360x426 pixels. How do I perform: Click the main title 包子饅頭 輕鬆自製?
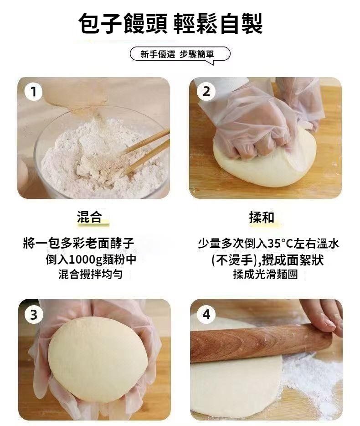(170, 24)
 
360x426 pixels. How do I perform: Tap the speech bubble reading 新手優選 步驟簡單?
(180, 55)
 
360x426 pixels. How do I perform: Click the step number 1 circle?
(33, 92)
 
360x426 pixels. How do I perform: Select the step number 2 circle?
(206, 92)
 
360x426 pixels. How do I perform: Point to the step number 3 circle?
(33, 315)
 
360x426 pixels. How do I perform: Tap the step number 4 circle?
(206, 314)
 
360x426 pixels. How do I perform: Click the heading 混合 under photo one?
(90, 217)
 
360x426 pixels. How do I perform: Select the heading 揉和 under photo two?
(262, 217)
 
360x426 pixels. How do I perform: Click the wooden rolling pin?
(261, 343)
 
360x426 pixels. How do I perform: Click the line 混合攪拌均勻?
(90, 275)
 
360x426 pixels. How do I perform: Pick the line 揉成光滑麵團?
(265, 275)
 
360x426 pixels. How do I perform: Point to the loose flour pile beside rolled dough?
(312, 380)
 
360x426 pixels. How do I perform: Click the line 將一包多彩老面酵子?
(79, 244)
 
